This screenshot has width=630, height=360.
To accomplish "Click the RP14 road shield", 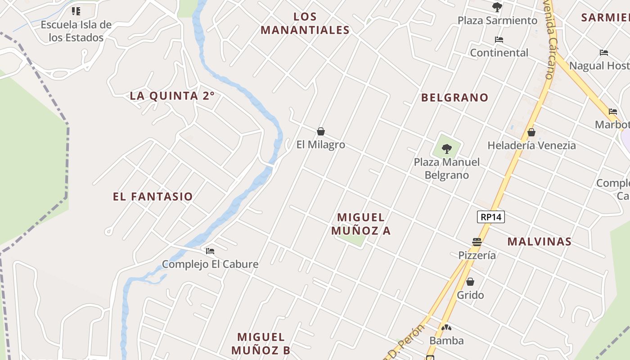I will click(x=490, y=217).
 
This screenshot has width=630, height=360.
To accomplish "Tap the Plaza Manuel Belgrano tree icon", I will click(x=447, y=148).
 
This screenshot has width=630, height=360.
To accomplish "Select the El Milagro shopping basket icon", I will click(x=321, y=131).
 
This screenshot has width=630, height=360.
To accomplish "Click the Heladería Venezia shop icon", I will click(x=531, y=132).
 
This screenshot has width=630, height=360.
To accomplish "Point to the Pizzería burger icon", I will click(x=477, y=242).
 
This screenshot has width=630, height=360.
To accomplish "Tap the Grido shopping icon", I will click(x=470, y=282).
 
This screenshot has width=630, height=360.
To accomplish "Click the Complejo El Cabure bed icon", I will click(x=210, y=251).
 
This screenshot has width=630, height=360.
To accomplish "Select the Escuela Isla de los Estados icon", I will click(x=76, y=11).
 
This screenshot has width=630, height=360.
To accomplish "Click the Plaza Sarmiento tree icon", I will click(x=497, y=7).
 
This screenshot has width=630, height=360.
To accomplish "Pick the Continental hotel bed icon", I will click(x=499, y=40).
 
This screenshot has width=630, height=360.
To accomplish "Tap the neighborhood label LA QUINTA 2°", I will click(x=172, y=95).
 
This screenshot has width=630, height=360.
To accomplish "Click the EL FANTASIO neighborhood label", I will click(x=153, y=196).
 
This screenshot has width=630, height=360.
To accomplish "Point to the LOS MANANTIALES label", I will click(x=305, y=23).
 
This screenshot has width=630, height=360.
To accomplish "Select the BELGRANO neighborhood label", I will click(x=454, y=97).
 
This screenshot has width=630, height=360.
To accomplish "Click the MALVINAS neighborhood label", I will click(x=540, y=241).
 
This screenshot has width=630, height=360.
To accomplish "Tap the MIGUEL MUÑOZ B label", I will click(x=261, y=343).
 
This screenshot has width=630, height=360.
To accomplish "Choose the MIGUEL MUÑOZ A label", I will click(x=361, y=224).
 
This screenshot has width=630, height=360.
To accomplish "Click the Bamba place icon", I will click(x=446, y=328).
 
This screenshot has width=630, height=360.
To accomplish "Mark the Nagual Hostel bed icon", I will click(x=604, y=53).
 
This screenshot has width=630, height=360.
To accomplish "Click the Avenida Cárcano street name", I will click(x=548, y=40).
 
